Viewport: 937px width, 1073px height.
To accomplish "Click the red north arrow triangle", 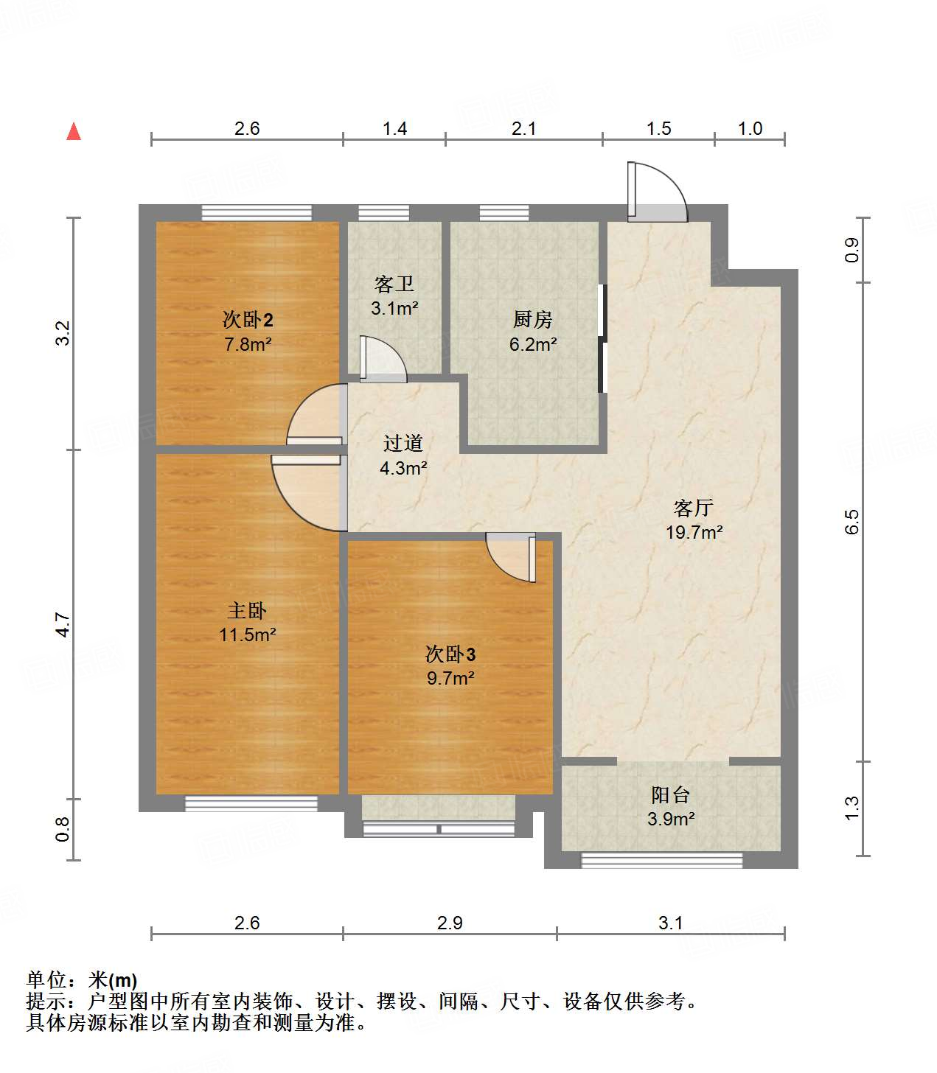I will (x=74, y=132).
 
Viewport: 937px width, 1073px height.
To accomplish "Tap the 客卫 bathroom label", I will (x=394, y=284).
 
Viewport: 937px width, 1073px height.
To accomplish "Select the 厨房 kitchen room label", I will (x=532, y=319).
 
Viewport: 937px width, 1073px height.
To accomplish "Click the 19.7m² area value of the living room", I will (x=694, y=532).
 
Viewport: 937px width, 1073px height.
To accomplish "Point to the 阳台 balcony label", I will (x=670, y=794).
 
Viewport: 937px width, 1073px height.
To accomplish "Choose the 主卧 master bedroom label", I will (x=247, y=610).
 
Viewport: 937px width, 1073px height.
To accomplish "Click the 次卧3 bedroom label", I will (x=450, y=654).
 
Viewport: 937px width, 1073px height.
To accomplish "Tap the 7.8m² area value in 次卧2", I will (x=248, y=344).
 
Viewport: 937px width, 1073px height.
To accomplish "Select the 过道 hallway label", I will (x=403, y=443).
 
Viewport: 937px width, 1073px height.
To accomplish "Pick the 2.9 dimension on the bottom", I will (x=450, y=923).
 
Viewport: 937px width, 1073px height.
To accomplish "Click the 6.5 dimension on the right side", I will (x=851, y=522).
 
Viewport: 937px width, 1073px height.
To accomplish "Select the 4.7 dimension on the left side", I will (x=63, y=624).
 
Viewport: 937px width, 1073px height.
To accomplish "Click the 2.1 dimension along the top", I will (x=523, y=128).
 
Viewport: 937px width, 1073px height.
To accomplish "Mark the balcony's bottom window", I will (x=661, y=860).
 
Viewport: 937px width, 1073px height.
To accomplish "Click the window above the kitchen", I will (x=504, y=213).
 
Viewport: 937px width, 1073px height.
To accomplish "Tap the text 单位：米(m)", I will (x=82, y=980).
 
